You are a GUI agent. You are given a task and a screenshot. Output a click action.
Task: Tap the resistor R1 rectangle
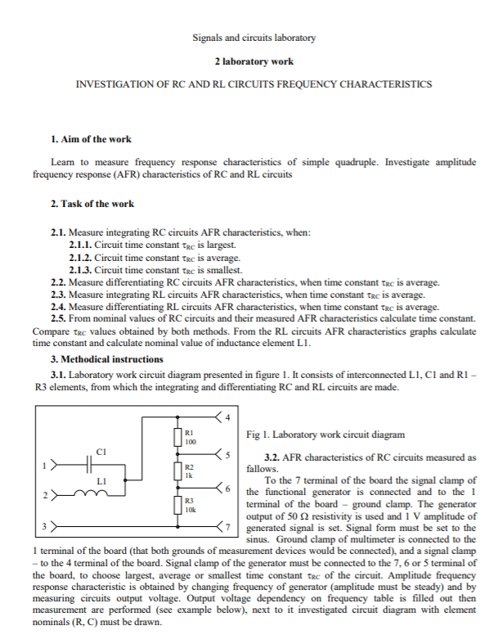[177, 437]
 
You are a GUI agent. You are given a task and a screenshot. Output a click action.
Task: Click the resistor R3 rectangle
[177, 504]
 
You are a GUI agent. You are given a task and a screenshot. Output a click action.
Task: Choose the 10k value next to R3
[190, 508]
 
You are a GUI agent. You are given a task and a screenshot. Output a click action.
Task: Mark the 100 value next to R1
[190, 442]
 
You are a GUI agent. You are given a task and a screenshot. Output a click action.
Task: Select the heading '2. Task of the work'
[92, 203]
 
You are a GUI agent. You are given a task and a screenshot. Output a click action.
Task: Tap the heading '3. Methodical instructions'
[106, 358]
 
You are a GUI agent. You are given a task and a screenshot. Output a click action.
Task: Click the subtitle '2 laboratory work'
[253, 61]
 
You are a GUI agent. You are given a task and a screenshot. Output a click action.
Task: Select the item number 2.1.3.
[81, 269]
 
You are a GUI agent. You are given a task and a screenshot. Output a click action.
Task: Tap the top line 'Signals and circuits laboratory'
[253, 38]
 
